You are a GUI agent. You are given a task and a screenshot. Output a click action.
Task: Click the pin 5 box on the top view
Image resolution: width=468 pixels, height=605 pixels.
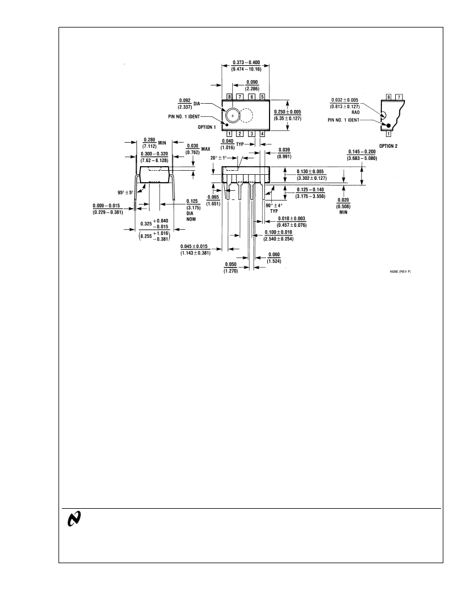pos(263,97)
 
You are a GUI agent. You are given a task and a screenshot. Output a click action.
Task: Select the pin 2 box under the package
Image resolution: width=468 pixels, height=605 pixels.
pos(240,134)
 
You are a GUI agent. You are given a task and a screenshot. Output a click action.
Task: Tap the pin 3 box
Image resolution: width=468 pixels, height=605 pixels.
pos(251,134)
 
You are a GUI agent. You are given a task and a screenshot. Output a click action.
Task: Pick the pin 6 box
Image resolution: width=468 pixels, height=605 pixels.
pos(251,97)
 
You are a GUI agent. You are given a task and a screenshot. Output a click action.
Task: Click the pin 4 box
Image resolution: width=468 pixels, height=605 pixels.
pos(263,134)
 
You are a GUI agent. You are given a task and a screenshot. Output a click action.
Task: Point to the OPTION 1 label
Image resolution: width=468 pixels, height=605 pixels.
pos(206,127)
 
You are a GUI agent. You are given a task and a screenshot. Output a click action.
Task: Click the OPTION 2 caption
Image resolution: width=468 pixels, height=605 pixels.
pos(388,146)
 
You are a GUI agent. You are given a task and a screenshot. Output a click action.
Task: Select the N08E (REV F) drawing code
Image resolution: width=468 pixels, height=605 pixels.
pos(400,272)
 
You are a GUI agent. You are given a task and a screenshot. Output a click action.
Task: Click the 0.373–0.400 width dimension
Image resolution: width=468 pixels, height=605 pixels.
pos(246,65)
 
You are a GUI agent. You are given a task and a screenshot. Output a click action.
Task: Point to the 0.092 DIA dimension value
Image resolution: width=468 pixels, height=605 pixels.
pos(185,104)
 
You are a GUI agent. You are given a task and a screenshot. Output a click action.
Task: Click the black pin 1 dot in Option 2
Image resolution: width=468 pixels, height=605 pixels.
pos(389,125)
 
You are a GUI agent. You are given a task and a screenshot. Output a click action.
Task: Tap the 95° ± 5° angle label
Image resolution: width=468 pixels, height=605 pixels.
pos(126,192)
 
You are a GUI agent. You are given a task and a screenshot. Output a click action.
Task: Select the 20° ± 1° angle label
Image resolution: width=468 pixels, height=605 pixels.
pos(219,158)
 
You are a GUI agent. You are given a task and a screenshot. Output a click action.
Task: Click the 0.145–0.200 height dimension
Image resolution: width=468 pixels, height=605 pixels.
pos(362,155)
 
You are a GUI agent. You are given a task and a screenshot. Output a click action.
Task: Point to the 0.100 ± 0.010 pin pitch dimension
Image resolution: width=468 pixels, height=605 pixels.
pos(278,235)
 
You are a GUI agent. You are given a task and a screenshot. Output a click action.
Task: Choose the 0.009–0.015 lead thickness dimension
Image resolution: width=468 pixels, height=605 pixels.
pos(108,209)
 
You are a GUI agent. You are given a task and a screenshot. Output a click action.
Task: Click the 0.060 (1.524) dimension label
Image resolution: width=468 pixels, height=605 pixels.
pos(274,258)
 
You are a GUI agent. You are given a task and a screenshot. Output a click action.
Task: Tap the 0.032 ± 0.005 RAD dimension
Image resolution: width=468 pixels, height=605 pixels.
pos(345,105)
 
